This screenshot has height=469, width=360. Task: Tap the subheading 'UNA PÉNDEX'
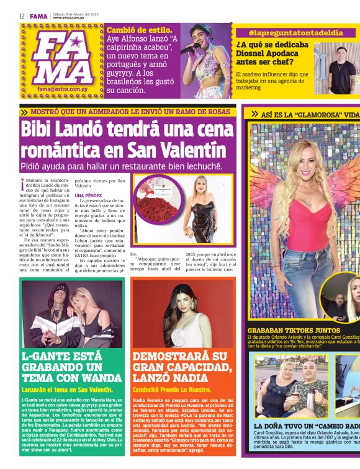[88, 196]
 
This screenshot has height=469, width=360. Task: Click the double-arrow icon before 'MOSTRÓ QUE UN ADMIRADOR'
[24, 112]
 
